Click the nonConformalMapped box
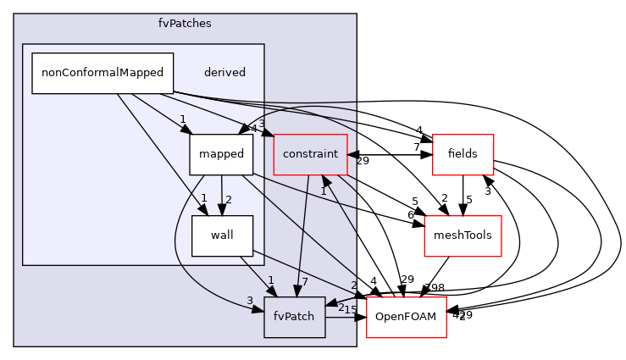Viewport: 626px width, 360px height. pos(102,73)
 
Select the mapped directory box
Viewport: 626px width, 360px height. pos(221,154)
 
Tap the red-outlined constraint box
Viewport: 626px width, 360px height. pos(310,154)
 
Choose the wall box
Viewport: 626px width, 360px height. pos(222,235)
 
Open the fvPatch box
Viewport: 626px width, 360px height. pos(294,317)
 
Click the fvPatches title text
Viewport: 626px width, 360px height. pos(185,24)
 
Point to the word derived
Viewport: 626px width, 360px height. pos(224,73)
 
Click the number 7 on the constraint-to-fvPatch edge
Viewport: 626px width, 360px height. pos(304,281)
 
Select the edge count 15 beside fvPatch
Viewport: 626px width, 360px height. pos(350,310)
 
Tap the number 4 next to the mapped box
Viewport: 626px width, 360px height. pos(253,129)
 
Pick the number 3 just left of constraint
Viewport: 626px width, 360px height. pos(262,125)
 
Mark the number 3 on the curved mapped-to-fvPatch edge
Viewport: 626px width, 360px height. pos(250,301)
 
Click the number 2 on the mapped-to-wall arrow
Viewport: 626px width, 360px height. pos(228,200)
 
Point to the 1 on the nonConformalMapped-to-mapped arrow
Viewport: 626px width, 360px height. pos(182,119)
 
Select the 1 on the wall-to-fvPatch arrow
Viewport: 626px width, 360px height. pos(270,280)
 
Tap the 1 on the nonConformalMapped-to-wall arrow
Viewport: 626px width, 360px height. pos(203,198)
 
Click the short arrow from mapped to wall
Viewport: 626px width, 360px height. pos(221,195)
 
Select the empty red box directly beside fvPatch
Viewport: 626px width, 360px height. pos(406,317)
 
